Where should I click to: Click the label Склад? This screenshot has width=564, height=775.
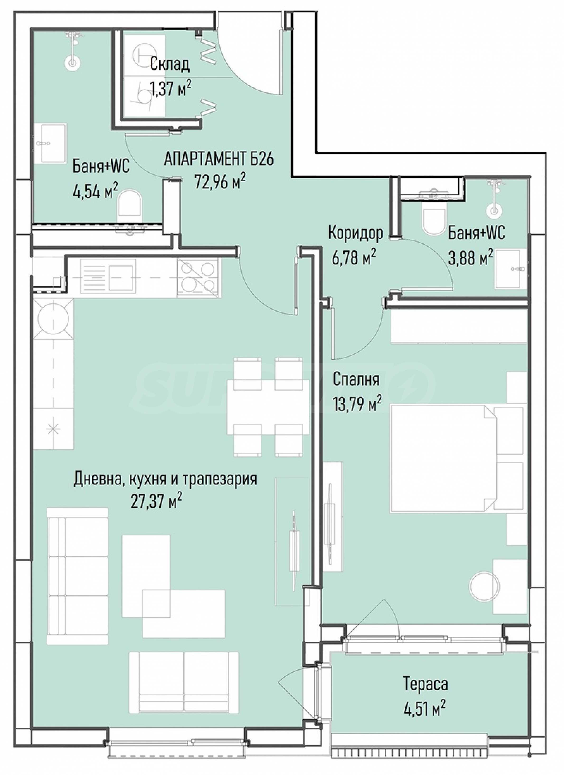tap(170, 65)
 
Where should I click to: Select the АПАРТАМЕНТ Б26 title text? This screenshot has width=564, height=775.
tap(219, 160)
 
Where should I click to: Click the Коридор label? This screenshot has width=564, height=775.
tap(356, 234)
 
